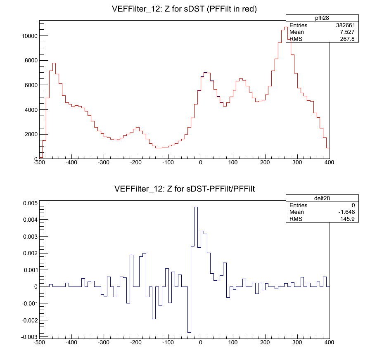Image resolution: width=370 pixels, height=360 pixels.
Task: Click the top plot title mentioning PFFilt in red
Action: (x=185, y=9)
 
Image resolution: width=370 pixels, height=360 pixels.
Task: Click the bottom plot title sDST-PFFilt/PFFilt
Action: (x=185, y=189)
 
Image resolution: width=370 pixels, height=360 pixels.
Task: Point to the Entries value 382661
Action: (x=346, y=25)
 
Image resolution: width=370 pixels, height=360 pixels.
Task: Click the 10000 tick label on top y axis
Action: (x=30, y=36)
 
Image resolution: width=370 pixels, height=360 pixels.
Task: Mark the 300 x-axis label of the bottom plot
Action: (x=297, y=343)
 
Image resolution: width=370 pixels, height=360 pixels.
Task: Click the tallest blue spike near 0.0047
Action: (x=196, y=207)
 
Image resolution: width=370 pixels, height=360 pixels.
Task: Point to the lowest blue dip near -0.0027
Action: (x=189, y=332)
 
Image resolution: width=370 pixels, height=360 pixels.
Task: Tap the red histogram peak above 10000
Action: (x=285, y=28)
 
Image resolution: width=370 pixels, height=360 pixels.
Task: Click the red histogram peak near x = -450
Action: (x=54, y=63)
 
